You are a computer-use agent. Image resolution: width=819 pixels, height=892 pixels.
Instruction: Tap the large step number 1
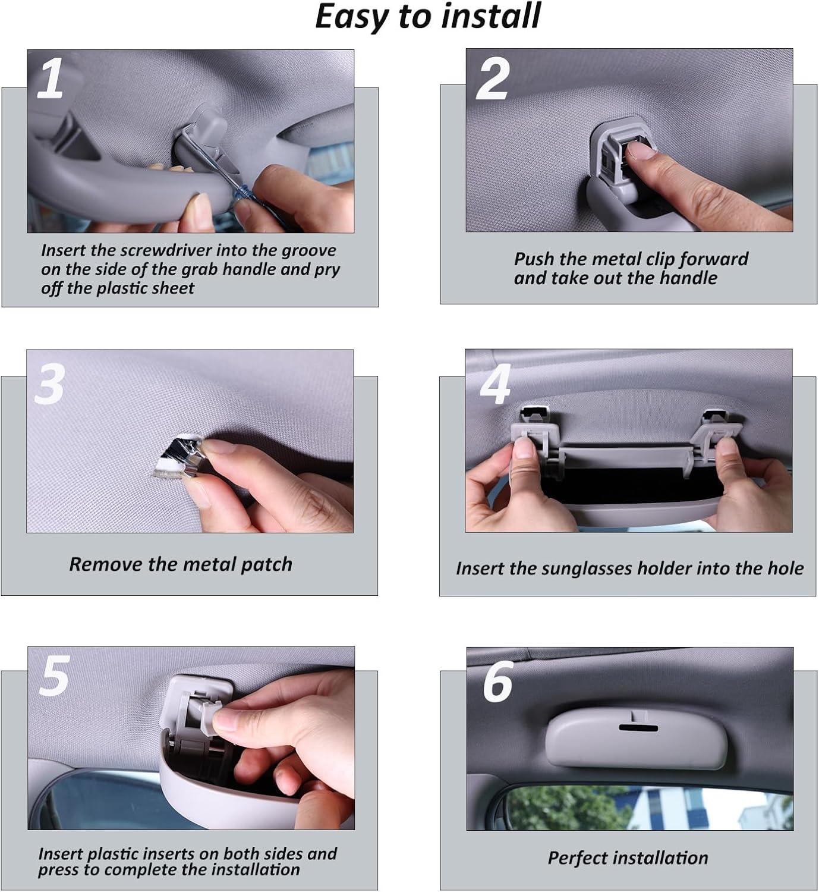pyautogui.click(x=51, y=78)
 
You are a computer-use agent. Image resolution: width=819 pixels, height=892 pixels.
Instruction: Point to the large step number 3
pyautogui.click(x=50, y=384)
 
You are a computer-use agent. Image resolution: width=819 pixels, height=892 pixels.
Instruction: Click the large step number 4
pyautogui.click(x=495, y=384)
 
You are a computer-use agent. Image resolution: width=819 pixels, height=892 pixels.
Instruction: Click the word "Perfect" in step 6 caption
pyautogui.click(x=577, y=858)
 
